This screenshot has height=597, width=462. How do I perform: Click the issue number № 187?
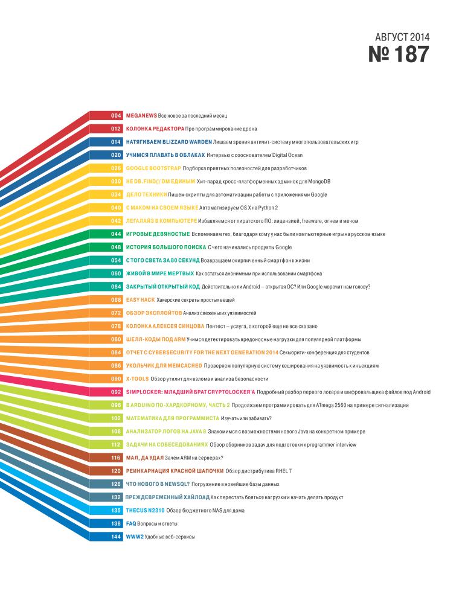[x=399, y=55]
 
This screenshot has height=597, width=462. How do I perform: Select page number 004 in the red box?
[x=117, y=115]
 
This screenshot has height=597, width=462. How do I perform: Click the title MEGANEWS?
[x=141, y=115]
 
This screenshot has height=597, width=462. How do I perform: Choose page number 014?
[x=117, y=141]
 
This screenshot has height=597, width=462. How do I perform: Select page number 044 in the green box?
[x=117, y=234]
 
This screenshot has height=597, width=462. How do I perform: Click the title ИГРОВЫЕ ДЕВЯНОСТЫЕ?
[x=158, y=234]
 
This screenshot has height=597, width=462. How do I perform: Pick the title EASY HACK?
[x=140, y=299]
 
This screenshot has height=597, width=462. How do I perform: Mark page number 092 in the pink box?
[x=117, y=392]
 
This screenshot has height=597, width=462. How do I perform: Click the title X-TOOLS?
[x=137, y=378]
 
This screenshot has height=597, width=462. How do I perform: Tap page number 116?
[x=117, y=458]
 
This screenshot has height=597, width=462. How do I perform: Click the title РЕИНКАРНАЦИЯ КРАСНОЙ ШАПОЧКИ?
[x=175, y=471]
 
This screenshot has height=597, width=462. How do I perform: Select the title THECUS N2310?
[x=145, y=510]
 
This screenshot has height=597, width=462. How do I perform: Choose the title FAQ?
[x=131, y=523]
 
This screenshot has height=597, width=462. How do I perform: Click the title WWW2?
[x=135, y=537]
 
